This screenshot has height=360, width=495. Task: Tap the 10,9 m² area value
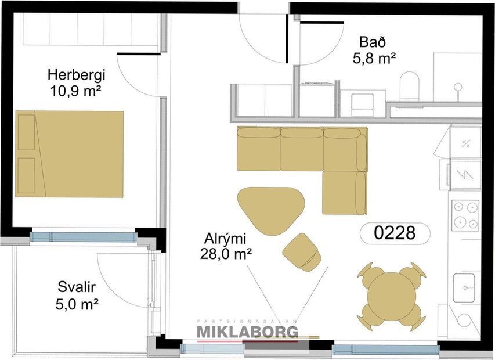(73, 91)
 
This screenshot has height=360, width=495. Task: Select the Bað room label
(373, 42)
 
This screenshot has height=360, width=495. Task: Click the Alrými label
(226, 238)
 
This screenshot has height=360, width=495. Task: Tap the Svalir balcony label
(76, 287)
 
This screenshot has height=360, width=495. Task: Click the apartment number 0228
(395, 233)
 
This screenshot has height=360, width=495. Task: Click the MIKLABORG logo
(248, 332)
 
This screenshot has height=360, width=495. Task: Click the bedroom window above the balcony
(83, 237)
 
